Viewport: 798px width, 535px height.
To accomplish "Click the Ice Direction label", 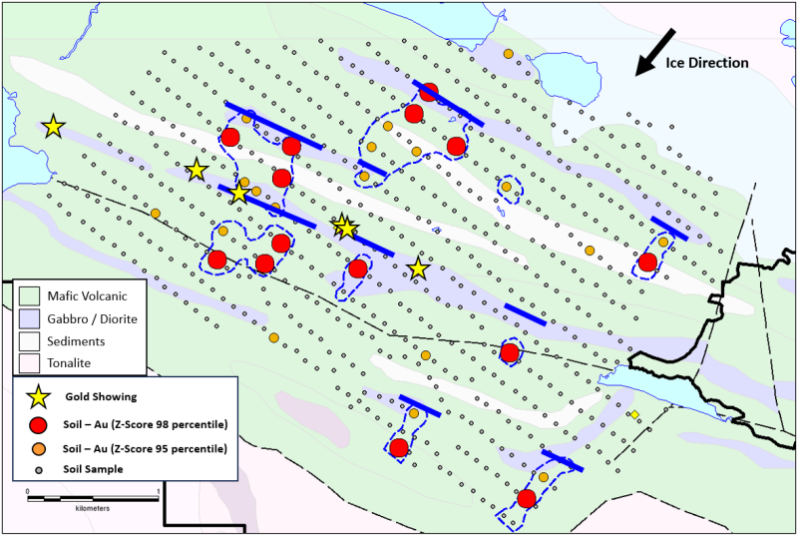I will [706, 63].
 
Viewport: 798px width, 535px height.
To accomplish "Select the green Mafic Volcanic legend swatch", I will [29, 296].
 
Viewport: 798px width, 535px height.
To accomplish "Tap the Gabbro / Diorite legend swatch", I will [29, 318].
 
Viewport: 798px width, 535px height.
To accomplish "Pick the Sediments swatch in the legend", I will [29, 340].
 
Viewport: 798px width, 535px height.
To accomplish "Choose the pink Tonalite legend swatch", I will [29, 362].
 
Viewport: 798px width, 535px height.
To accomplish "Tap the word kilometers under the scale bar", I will [91, 508].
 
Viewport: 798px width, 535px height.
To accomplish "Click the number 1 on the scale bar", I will [160, 492].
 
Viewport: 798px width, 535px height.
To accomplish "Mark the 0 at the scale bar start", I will [28, 492].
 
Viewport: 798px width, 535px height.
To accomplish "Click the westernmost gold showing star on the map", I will [53, 127].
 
